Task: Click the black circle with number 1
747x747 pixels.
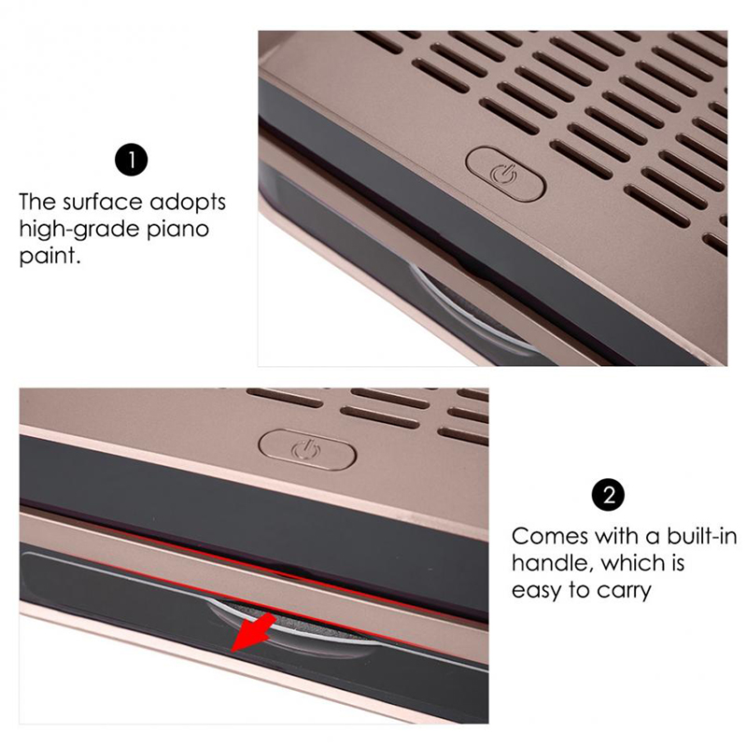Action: (131, 160)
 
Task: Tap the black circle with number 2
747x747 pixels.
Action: (609, 496)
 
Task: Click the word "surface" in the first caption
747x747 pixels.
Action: (102, 202)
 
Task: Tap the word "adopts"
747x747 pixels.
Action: (188, 204)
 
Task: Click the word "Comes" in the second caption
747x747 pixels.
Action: (550, 537)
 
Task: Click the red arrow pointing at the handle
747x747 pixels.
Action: (253, 633)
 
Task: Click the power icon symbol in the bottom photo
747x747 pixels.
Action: (307, 449)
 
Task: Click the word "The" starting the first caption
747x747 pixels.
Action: (38, 202)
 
